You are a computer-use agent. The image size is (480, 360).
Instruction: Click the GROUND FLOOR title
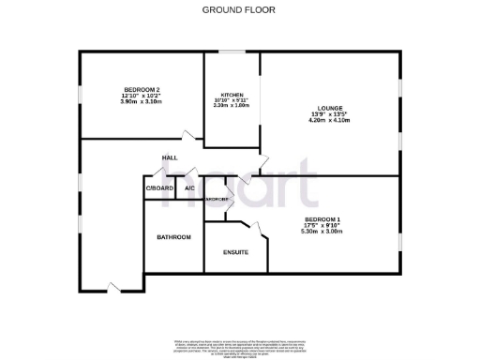[x=240, y=9]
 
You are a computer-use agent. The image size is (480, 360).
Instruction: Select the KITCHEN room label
[x=232, y=96]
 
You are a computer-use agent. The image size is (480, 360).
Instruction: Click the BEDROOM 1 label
[x=322, y=218]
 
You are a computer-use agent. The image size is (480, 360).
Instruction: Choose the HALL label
[x=170, y=157]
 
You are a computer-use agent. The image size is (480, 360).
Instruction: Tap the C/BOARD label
[x=159, y=188]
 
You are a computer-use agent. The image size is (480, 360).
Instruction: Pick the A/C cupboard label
[x=189, y=188]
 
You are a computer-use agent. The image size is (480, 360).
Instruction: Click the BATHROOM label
[x=173, y=237]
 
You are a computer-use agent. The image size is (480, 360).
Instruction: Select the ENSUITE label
[x=235, y=252]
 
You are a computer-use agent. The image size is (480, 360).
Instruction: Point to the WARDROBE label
[x=217, y=201]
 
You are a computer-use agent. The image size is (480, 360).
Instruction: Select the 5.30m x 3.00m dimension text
[x=322, y=232]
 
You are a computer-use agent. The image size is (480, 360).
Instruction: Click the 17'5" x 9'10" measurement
[x=322, y=225]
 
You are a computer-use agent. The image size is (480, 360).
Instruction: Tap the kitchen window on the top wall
[x=232, y=52]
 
